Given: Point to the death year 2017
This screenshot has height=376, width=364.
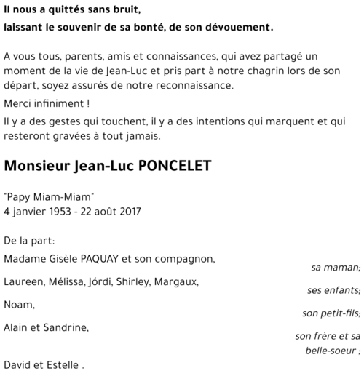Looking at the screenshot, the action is pyautogui.click(x=129, y=212).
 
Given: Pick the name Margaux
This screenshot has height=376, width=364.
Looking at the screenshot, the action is pyautogui.click(x=175, y=281).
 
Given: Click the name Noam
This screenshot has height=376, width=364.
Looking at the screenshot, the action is pyautogui.click(x=18, y=305).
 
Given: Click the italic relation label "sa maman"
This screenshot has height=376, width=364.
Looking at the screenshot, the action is pyautogui.click(x=336, y=267).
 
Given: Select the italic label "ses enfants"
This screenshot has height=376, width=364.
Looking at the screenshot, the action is pyautogui.click(x=333, y=290).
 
